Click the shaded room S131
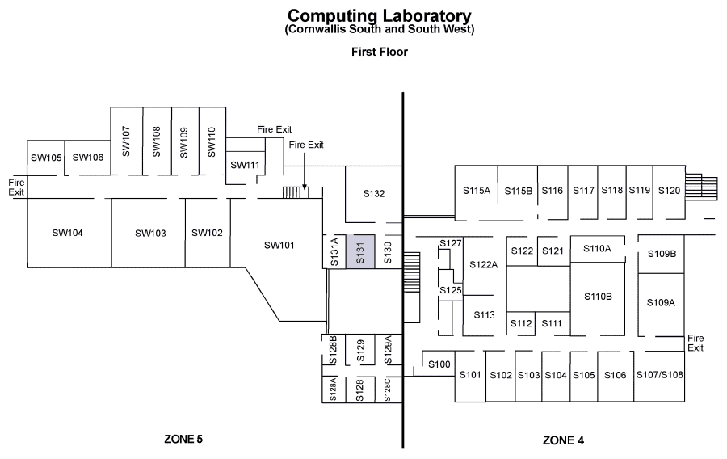(x=360, y=251)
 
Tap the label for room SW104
(x=67, y=233)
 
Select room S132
(x=374, y=194)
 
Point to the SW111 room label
(x=245, y=165)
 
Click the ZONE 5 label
(x=183, y=439)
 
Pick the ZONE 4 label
(x=563, y=440)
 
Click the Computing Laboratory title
(x=380, y=16)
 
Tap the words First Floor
(x=380, y=52)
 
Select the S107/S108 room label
(x=659, y=375)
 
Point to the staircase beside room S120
(x=701, y=187)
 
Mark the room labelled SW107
(x=127, y=141)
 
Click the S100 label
(x=439, y=364)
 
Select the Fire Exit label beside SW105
(x=16, y=187)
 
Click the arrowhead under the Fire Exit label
(x=305, y=187)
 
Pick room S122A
(x=484, y=265)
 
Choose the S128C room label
(x=388, y=390)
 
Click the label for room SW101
(x=279, y=246)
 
